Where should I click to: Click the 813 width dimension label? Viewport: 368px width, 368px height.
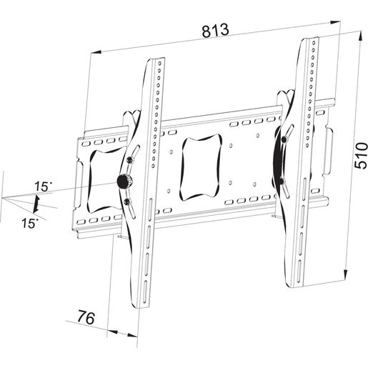[x=216, y=30]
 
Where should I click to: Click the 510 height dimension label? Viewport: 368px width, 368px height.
[x=361, y=156]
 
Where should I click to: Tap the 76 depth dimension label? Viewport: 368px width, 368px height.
[x=86, y=317]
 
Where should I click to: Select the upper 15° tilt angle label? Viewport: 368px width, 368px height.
[x=43, y=187]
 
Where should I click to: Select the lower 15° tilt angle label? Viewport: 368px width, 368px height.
[x=30, y=223]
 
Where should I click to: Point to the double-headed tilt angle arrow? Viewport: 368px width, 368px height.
[x=36, y=204]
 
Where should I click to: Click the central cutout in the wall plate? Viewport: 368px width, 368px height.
[x=202, y=167]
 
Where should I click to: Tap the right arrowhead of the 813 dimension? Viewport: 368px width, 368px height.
[x=335, y=22]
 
